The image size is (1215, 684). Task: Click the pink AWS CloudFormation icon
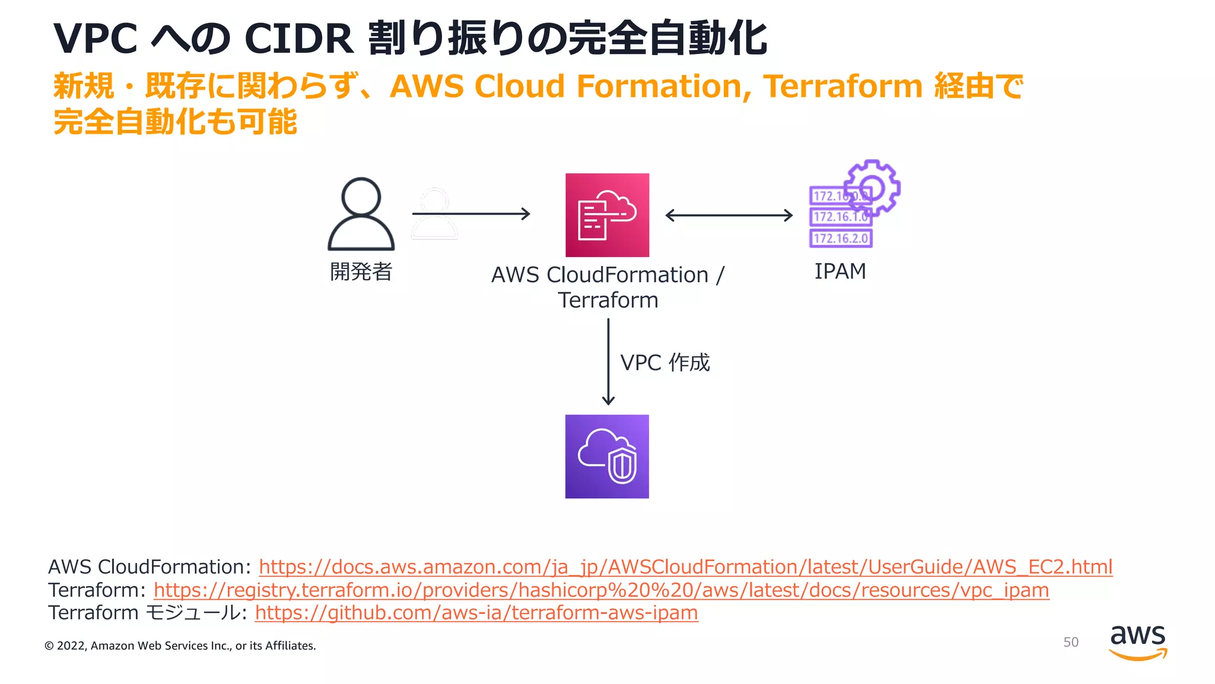pos(607,215)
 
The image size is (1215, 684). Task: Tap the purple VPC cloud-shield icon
pos(607,456)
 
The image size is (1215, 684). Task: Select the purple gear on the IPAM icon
pos(873,186)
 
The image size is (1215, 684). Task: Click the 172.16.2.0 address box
pos(841,239)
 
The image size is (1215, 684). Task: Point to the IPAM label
pos(840,271)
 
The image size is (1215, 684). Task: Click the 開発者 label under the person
pos(361,272)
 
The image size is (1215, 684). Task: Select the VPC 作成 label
pos(664,362)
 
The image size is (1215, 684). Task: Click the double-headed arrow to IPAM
pos(729,215)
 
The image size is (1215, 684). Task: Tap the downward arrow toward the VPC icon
pos(608,362)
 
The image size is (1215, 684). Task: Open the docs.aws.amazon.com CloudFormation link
pos(685,567)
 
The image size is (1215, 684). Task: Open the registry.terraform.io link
pos(601,590)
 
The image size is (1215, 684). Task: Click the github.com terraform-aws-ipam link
pos(476,613)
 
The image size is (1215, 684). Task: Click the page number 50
pos(1070,642)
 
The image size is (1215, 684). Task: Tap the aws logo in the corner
pos(1137,641)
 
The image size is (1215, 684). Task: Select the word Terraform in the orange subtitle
pos(842,87)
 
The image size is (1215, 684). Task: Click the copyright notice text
pos(180,646)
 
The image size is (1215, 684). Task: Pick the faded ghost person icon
pos(435,214)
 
